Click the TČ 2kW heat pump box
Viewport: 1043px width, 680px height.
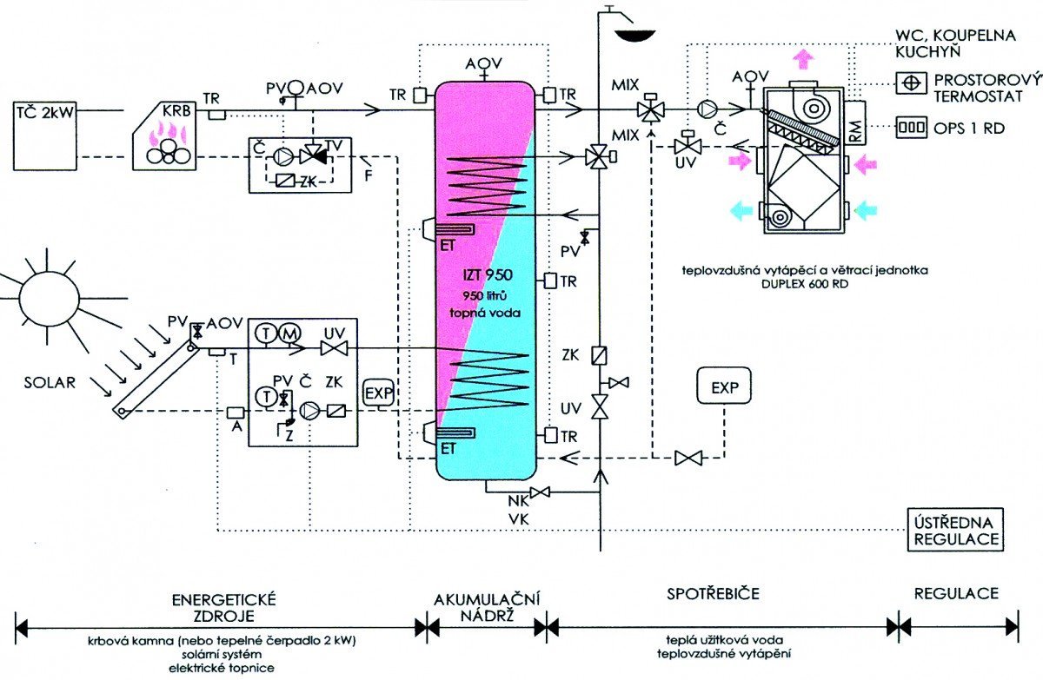(x=45, y=136)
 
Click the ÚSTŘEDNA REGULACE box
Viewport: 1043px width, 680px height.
(x=955, y=531)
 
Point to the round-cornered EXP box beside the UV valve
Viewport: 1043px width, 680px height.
(x=724, y=386)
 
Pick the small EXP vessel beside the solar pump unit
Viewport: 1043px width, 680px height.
(x=379, y=393)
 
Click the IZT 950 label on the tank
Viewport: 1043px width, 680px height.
(x=488, y=275)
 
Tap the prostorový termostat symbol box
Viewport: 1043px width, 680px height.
(x=910, y=83)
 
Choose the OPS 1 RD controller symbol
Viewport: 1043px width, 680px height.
(x=910, y=128)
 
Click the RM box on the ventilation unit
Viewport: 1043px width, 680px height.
(x=856, y=122)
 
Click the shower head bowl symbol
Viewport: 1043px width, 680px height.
(x=634, y=36)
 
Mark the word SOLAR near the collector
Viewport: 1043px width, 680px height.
(x=50, y=382)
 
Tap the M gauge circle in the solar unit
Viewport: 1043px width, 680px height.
(x=289, y=333)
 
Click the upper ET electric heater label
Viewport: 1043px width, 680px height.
(x=448, y=246)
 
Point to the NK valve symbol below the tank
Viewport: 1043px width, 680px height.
(x=540, y=492)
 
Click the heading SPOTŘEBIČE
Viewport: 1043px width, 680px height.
(x=713, y=594)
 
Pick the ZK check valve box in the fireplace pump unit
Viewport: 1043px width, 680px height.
(x=285, y=181)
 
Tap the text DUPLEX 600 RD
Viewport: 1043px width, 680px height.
(x=805, y=284)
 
